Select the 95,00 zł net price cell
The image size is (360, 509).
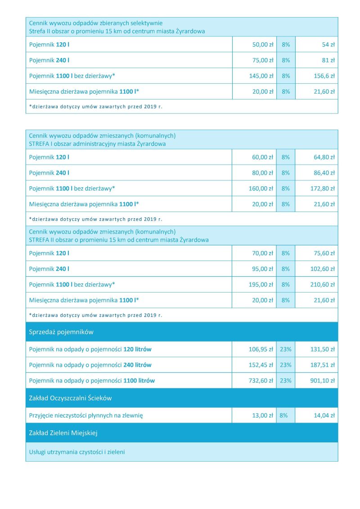[x=263, y=269]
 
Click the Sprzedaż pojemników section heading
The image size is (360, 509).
[x=61, y=332]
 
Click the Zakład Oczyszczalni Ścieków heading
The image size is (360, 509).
[x=70, y=398]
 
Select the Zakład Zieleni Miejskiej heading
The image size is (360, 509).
[x=63, y=433]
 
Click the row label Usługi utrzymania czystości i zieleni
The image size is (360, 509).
[x=77, y=452]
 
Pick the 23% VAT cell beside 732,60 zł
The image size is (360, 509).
[x=286, y=381]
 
